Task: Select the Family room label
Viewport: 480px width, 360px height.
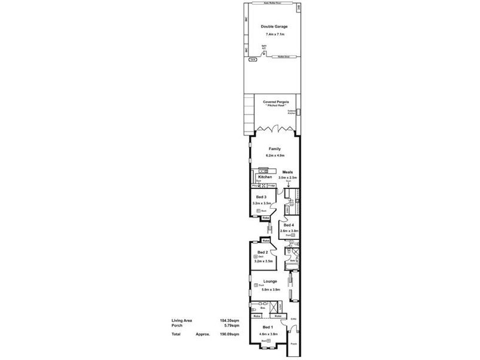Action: pyautogui.click(x=274, y=149)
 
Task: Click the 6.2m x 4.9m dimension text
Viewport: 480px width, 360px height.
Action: pyautogui.click(x=274, y=156)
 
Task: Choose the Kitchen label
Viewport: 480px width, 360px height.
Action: pyautogui.click(x=265, y=177)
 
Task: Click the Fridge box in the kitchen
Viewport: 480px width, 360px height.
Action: pyautogui.click(x=272, y=186)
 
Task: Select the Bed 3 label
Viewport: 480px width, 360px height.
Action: pyautogui.click(x=261, y=197)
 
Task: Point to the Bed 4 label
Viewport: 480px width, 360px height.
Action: pyautogui.click(x=289, y=225)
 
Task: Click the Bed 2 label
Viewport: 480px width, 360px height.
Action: pyautogui.click(x=262, y=252)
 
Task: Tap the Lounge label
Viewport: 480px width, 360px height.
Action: pyautogui.click(x=269, y=281)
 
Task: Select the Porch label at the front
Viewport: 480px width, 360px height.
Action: pyautogui.click(x=293, y=344)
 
